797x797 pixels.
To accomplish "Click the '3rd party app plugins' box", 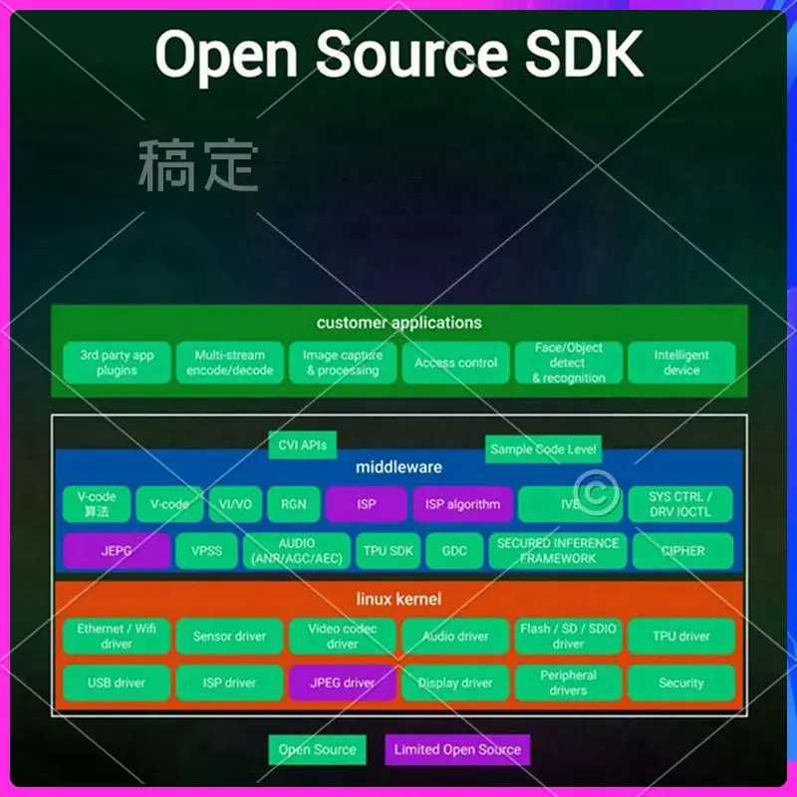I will coord(117,363).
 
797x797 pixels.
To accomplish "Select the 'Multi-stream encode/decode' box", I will coord(229,363).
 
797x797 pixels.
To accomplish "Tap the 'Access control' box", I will coord(455,363).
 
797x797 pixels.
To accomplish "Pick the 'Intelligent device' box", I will coord(681,363).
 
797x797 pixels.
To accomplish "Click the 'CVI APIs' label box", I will coord(303,444).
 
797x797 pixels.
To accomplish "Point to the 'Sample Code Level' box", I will coord(543,449).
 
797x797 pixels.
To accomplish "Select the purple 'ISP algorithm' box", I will coord(462,504).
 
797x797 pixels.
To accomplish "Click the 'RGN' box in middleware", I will coord(293,504).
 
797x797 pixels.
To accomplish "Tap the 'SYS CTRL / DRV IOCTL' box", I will coord(680,504).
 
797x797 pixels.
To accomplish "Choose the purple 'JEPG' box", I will coord(117,551).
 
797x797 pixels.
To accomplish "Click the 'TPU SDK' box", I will coord(388,551).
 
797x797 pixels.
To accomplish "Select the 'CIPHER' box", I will coord(682,551).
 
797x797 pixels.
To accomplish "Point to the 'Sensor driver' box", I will coord(229,636).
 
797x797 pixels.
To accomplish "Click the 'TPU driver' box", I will coord(681,636).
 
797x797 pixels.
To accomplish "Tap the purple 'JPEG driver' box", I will coord(342,683).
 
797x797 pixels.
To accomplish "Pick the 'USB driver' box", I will coord(117,683).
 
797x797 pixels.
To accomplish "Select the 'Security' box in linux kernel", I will coord(681,683).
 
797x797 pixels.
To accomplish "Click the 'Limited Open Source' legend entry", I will coord(456,750).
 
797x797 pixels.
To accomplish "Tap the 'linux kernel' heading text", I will coord(398,600).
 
